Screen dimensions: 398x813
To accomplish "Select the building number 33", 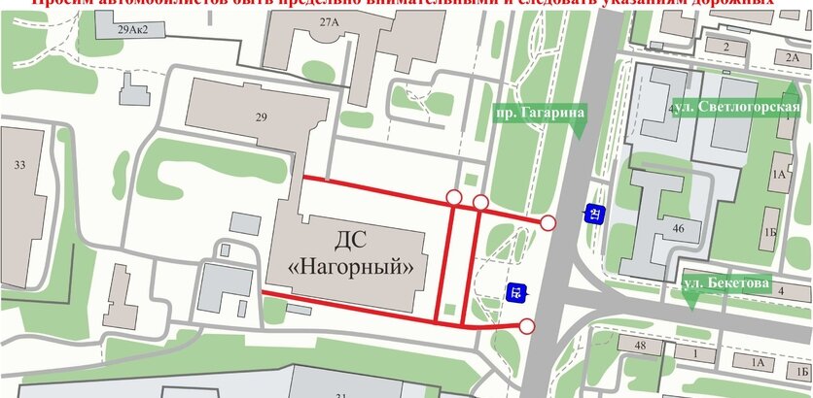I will click(19, 165).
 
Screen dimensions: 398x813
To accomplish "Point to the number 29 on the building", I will click(261, 117).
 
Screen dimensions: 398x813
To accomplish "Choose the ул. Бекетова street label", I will click(726, 285).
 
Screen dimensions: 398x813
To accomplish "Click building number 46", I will click(677, 230).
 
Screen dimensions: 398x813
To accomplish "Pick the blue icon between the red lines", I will click(516, 289).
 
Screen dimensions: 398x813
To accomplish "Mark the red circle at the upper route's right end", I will click(548, 224).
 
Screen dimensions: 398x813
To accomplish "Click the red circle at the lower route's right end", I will click(527, 325).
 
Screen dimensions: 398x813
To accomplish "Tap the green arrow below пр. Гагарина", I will click(581, 134).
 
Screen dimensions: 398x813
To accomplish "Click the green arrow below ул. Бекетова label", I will click(690, 304).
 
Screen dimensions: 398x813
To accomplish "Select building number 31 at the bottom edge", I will click(340, 393).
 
